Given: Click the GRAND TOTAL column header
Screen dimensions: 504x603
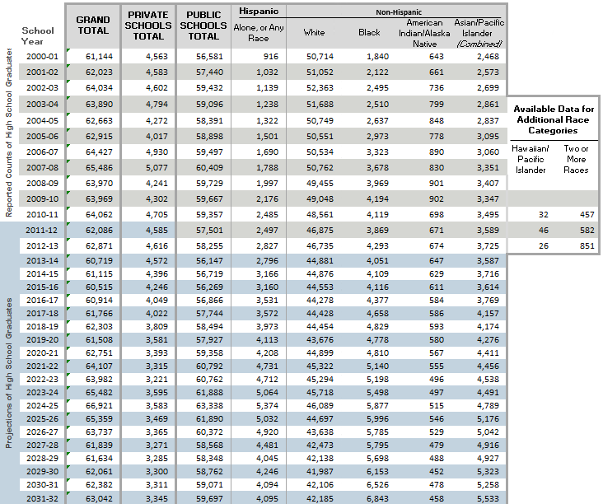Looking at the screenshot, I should tap(92, 25).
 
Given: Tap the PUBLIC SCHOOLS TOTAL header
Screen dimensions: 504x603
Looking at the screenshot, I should tap(203, 25).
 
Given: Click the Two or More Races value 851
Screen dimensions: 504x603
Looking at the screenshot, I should tap(577, 245).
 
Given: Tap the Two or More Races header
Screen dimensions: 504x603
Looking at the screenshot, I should tap(576, 159).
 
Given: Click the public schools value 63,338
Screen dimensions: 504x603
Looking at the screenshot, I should tap(203, 405).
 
